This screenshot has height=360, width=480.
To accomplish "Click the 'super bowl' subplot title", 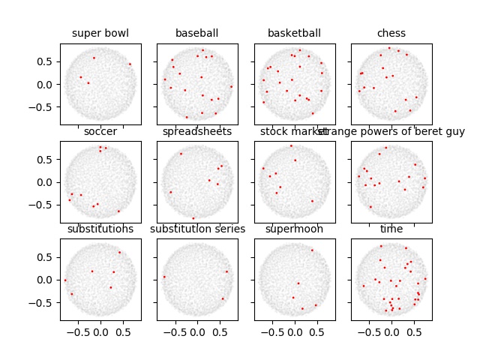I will click(x=100, y=33).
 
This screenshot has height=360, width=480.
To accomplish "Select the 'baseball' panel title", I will click(x=197, y=33).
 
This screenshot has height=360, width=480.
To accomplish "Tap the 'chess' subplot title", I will click(x=391, y=33).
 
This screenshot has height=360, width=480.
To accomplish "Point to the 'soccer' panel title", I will click(x=100, y=132).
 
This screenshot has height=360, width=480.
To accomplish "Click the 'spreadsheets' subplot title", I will click(x=197, y=132).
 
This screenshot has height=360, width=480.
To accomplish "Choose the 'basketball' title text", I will click(x=294, y=33).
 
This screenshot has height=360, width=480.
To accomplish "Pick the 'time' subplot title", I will click(x=391, y=229).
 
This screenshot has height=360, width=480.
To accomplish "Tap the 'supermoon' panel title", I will click(x=294, y=229).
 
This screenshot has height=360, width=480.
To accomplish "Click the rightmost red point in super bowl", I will click(x=130, y=64).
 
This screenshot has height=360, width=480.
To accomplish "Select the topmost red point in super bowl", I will click(x=94, y=58).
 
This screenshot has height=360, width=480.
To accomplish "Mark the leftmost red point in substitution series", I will click(x=164, y=277).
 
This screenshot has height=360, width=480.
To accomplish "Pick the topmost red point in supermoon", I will click(x=312, y=250).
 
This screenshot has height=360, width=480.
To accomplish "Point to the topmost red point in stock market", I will click(x=291, y=145).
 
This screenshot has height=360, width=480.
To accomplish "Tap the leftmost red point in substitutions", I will click(x=65, y=280).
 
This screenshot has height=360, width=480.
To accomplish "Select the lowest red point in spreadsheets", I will click(x=193, y=218).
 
